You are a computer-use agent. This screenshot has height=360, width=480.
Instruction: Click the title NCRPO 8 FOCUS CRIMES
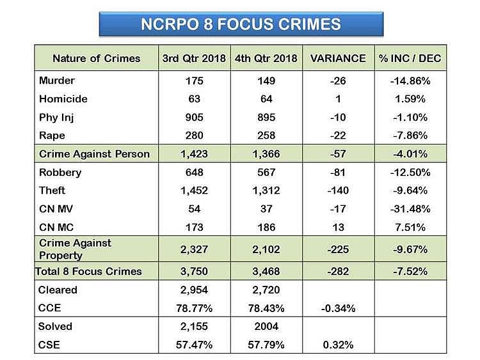[x=241, y=24]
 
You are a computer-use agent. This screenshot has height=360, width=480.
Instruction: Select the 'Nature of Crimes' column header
[x=96, y=58]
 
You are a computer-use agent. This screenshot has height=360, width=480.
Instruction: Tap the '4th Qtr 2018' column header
[x=266, y=58]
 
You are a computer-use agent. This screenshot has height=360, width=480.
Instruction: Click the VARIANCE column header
[x=337, y=58]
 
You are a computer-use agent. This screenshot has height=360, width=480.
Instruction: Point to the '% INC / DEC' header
[x=410, y=58]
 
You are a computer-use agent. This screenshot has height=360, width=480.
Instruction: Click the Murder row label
[x=57, y=81]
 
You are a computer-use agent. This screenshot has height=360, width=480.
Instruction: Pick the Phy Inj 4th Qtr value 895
[x=266, y=118]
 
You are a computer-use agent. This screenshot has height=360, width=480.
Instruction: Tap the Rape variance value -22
[x=337, y=136]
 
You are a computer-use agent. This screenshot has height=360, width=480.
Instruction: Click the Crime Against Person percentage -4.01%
[x=410, y=154]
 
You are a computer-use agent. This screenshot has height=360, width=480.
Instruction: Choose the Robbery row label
[x=60, y=173]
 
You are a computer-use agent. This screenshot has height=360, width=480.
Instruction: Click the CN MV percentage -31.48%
[x=410, y=209]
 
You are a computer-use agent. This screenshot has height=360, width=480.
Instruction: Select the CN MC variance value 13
[x=337, y=228]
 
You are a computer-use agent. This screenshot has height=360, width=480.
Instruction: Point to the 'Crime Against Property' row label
[x=75, y=249]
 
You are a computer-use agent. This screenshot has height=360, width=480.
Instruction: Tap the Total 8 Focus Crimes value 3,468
[x=266, y=271]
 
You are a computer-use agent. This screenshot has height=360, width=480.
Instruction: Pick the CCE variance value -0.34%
[x=337, y=308]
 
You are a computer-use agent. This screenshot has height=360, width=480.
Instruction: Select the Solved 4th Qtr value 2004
[x=266, y=327]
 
